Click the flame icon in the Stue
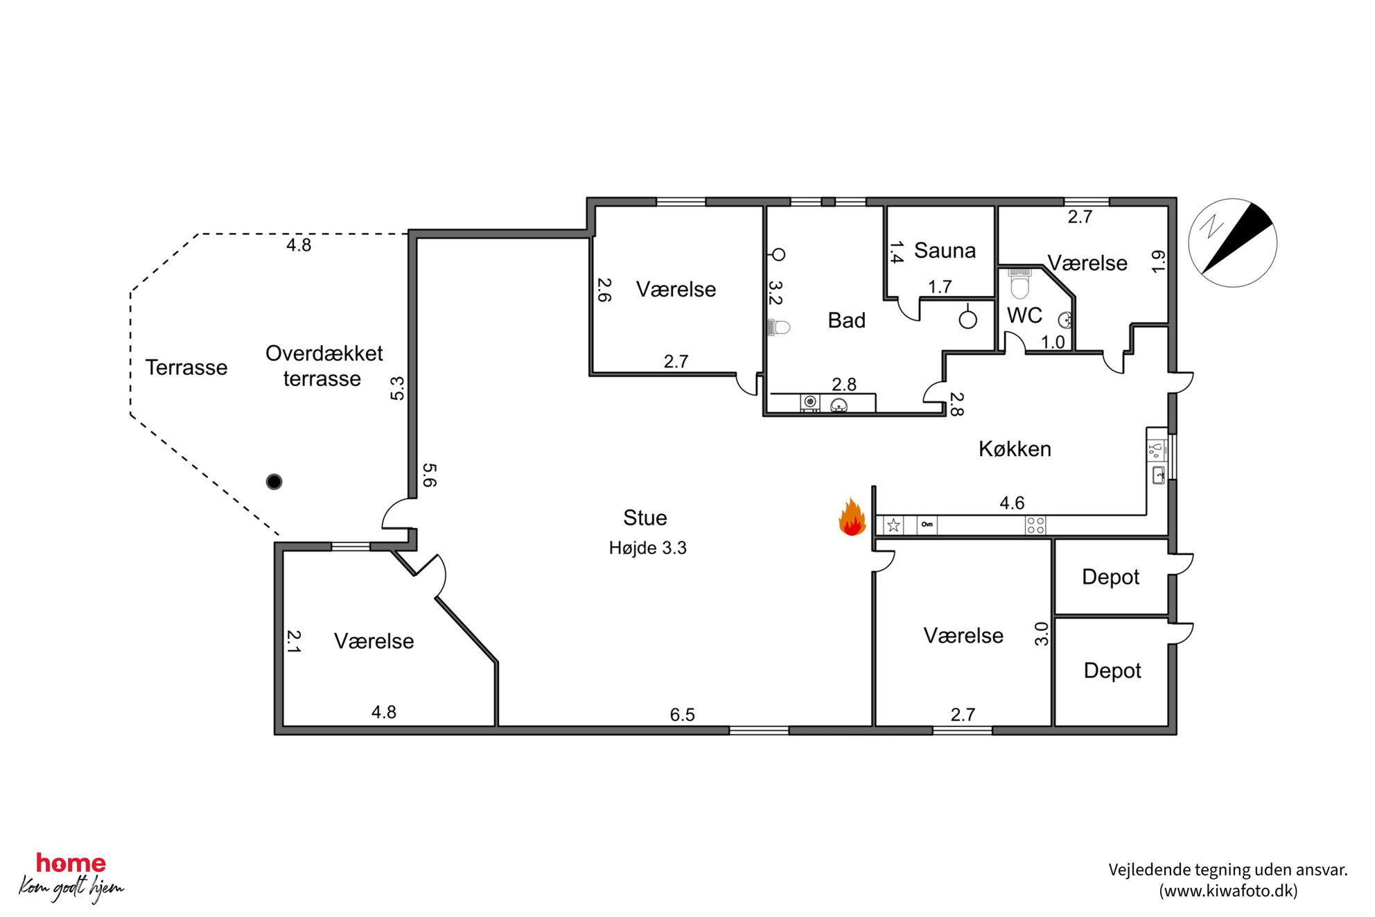[852, 518]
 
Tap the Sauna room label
[945, 250]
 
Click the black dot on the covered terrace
[274, 482]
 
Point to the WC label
[1024, 316]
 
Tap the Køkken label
[1015, 449]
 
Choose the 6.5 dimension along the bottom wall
[682, 715]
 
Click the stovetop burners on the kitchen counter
[1035, 525]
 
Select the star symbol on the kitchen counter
[893, 525]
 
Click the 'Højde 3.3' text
[647, 548]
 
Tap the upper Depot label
[1110, 577]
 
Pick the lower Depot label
[1112, 671]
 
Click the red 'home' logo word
[71, 864]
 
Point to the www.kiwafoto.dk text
[1228, 891]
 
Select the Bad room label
[846, 320]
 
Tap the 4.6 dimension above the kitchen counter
[1012, 503]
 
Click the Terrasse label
[186, 367]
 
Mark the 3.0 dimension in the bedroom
[1041, 634]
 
